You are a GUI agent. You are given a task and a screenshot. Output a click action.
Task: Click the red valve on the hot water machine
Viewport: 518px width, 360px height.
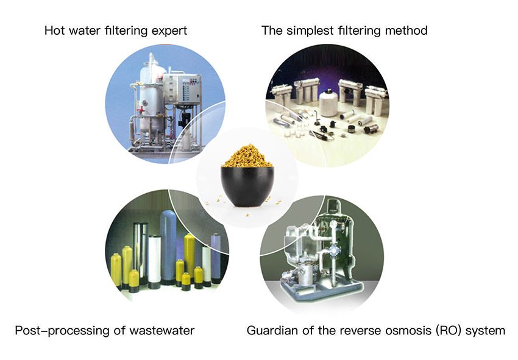(141, 110)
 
